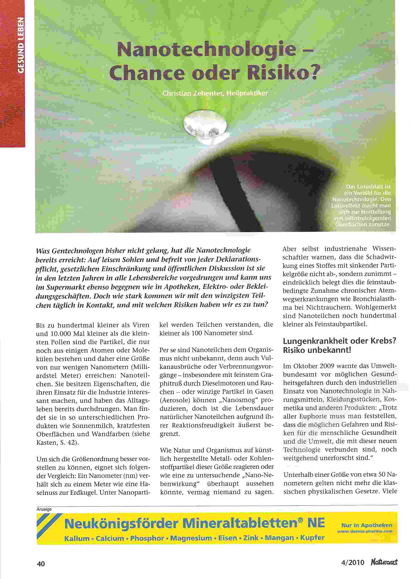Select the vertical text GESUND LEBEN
click(22, 46)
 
